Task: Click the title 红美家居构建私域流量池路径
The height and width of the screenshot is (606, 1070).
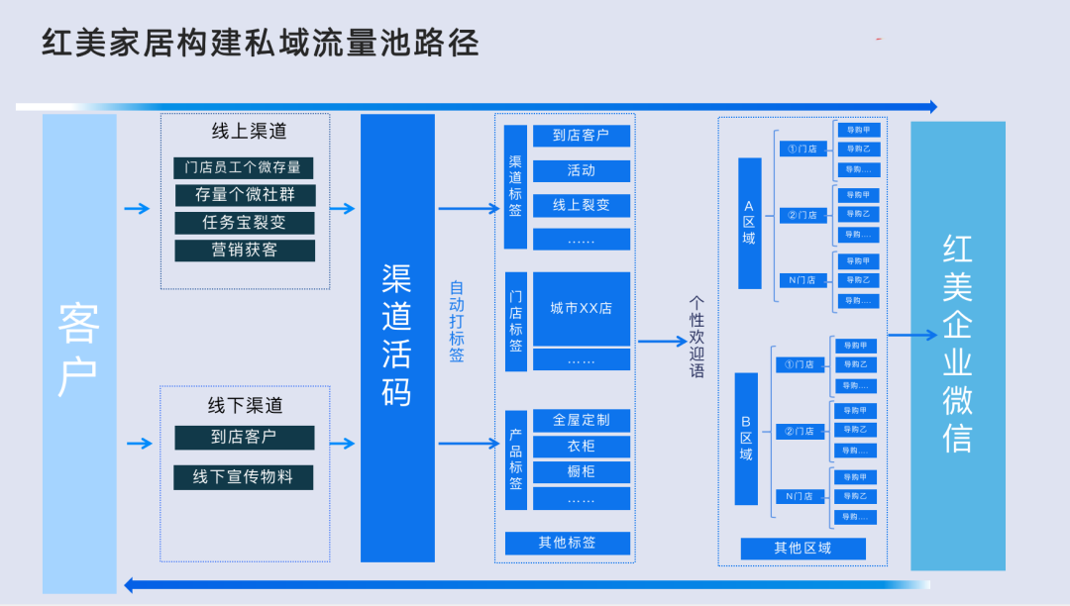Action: click(261, 43)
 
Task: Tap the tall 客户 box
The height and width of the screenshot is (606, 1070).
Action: click(79, 353)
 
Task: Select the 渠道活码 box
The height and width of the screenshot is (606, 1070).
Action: click(397, 338)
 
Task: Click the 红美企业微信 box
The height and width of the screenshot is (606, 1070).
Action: click(957, 346)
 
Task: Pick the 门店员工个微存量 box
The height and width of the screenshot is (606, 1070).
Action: click(244, 167)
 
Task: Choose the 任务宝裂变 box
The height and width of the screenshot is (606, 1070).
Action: click(244, 223)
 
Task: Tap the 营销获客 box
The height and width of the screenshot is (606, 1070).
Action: click(244, 251)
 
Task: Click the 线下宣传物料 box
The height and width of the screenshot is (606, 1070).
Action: click(244, 477)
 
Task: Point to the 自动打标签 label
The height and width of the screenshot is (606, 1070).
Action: click(457, 322)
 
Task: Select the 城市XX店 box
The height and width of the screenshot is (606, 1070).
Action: click(582, 308)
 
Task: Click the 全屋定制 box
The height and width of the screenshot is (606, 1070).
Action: click(582, 420)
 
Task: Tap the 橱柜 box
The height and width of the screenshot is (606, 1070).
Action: click(582, 471)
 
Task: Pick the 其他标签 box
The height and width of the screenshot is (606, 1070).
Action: click(568, 543)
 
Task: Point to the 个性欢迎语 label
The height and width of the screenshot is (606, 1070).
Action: click(696, 337)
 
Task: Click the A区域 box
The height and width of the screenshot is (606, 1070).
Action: click(749, 223)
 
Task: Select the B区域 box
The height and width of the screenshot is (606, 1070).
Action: click(746, 438)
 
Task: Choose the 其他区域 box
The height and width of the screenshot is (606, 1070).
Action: click(802, 549)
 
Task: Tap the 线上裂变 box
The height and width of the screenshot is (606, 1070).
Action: click(582, 205)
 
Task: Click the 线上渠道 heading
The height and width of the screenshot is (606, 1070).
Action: click(246, 131)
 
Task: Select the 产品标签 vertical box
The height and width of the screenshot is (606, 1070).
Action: click(515, 460)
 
